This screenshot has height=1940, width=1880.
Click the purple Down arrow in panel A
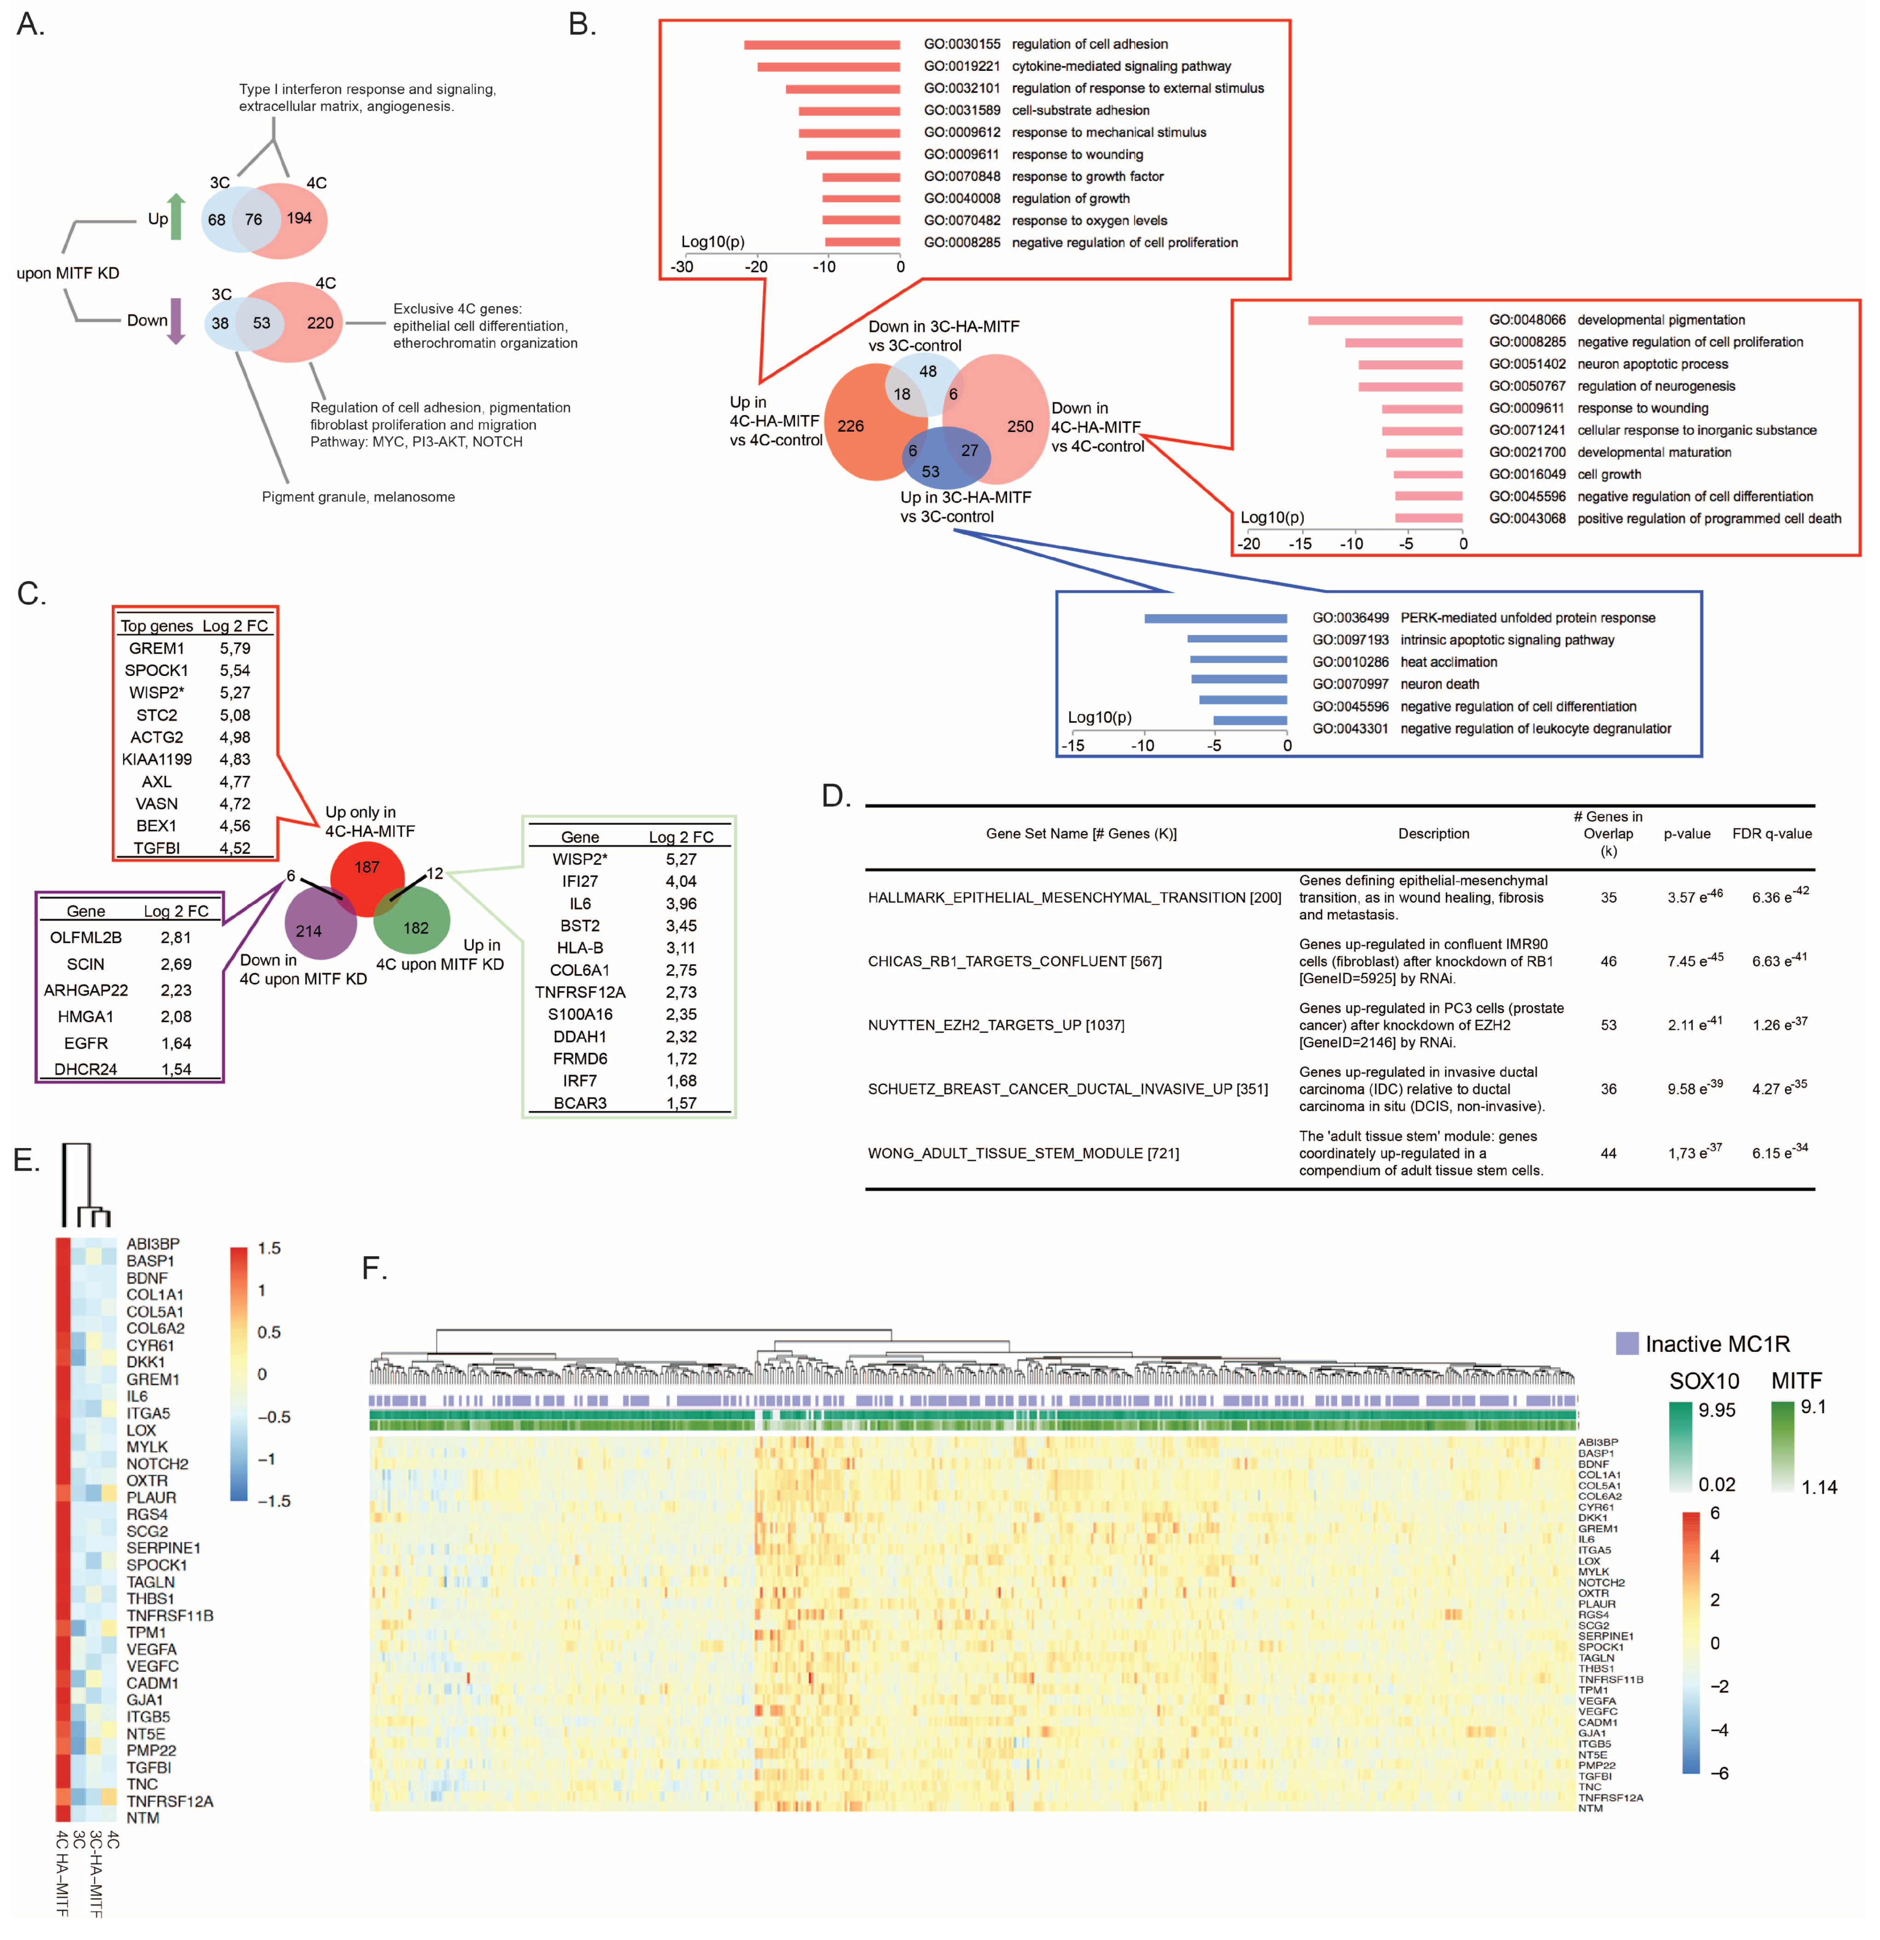click(x=176, y=321)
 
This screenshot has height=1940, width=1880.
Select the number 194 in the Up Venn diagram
click(x=299, y=218)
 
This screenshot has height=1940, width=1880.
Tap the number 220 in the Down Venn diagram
click(x=320, y=323)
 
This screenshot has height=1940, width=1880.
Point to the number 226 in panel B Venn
click(x=850, y=426)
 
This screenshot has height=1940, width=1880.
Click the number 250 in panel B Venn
click(x=1020, y=427)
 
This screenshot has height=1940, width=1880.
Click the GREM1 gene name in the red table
click(x=156, y=648)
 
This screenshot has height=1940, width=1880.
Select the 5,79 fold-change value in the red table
click(x=235, y=648)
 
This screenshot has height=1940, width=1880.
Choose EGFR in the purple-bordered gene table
click(x=86, y=1043)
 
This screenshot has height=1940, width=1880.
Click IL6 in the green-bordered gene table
click(x=580, y=904)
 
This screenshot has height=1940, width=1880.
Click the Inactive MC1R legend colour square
click(x=1626, y=1343)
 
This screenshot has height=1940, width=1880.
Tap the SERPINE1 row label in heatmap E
click(x=163, y=1548)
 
